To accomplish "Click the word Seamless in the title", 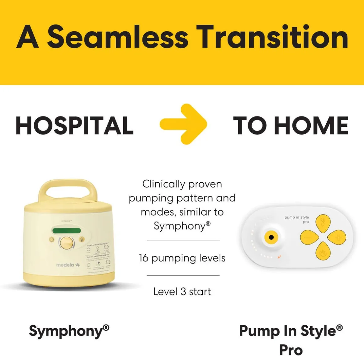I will (x=118, y=37).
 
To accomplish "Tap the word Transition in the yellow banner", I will (x=272, y=37).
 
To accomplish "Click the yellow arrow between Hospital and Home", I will (x=184, y=124).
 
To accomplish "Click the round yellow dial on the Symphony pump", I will (x=67, y=243).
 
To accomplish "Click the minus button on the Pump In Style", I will (x=309, y=238).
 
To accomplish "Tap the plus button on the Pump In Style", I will (x=337, y=238).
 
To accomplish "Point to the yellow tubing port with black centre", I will (x=271, y=238).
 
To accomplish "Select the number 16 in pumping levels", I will (x=143, y=258).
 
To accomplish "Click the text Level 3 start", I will (x=182, y=292).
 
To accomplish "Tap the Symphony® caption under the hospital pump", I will (x=69, y=331).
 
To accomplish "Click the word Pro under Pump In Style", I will (x=291, y=350).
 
